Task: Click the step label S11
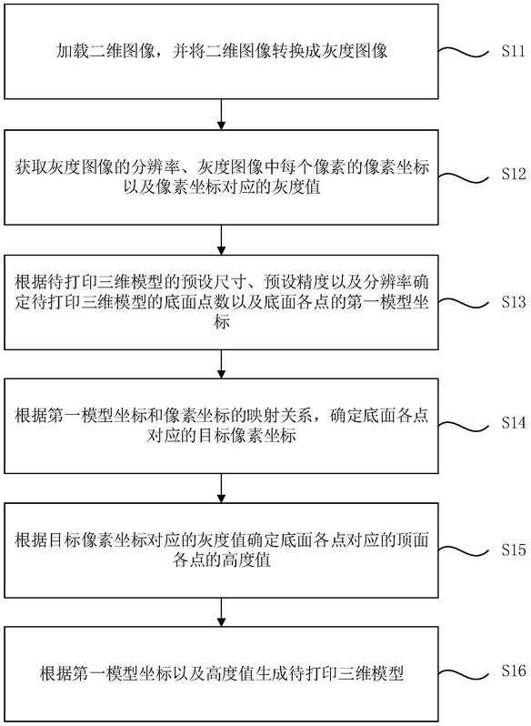click(514, 51)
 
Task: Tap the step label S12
click(514, 174)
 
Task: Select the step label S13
click(514, 302)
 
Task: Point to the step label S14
click(514, 423)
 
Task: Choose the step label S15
click(514, 550)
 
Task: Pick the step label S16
click(514, 671)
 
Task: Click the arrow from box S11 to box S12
click(222, 115)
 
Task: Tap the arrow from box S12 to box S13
click(222, 240)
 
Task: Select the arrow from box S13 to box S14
click(222, 365)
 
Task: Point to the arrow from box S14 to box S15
click(222, 488)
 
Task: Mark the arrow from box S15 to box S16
click(222, 612)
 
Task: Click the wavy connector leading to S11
click(464, 52)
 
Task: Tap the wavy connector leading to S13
click(464, 303)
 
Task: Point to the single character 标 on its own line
click(222, 323)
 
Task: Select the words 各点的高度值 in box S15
click(222, 560)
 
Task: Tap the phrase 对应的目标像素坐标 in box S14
click(222, 436)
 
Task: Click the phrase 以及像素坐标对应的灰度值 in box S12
click(222, 187)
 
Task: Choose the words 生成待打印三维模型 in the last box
click(329, 672)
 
